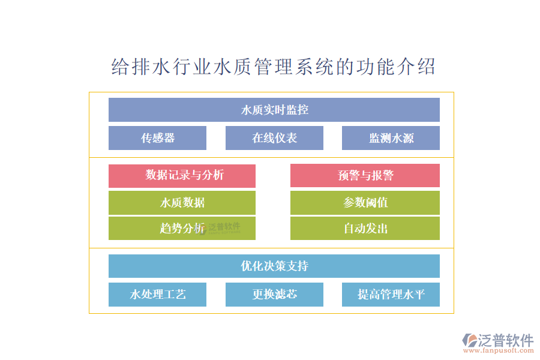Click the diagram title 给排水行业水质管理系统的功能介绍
(x=274, y=67)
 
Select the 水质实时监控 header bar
(x=274, y=110)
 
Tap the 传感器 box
(x=157, y=138)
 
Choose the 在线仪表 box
(x=274, y=138)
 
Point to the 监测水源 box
(x=391, y=138)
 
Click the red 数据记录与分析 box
(x=182, y=175)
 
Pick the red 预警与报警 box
(x=365, y=175)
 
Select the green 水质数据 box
(x=182, y=203)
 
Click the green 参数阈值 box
(x=365, y=203)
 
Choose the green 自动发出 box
(x=365, y=229)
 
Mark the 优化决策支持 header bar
(x=274, y=266)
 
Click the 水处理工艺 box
(x=157, y=295)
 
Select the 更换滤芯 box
(x=274, y=295)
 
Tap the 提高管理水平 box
(x=391, y=295)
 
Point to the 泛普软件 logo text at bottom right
(x=506, y=340)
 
